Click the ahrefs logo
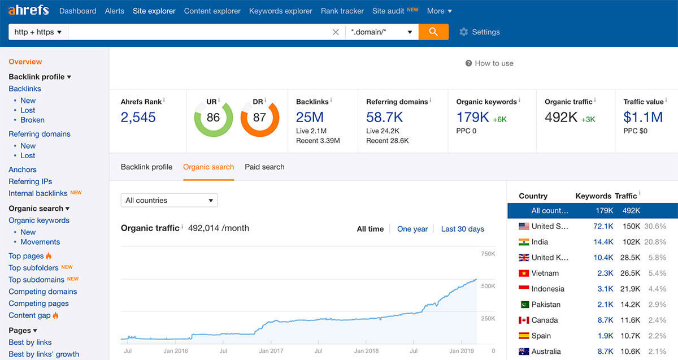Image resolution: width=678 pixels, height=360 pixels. coord(28,10)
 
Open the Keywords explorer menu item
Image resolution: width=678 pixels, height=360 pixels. coord(280,11)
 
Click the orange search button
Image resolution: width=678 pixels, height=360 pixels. coord(433,32)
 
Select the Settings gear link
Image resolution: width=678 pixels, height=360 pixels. coord(480,32)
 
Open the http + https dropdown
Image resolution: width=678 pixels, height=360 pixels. coord(38,32)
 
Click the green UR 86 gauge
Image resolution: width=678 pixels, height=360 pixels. coord(213,118)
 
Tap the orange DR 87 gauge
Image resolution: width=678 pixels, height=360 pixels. coord(259,118)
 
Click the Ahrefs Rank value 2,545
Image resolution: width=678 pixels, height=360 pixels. coord(138,118)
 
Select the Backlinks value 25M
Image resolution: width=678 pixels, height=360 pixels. coord(310,118)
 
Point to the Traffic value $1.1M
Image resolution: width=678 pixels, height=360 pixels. coord(643,118)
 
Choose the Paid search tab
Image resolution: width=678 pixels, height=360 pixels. coord(264,167)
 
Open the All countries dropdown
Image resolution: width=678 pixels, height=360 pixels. coord(169,200)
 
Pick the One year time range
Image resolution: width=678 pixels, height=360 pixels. coord(412,229)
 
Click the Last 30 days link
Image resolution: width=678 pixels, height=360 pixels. coord(462,229)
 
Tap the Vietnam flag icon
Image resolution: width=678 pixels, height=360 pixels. coord(524,273)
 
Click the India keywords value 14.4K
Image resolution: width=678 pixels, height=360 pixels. coord(603,242)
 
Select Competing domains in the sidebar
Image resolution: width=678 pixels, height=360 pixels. coord(42,292)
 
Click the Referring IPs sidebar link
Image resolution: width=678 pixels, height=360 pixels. coord(30,181)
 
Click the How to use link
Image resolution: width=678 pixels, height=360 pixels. coord(489,63)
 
